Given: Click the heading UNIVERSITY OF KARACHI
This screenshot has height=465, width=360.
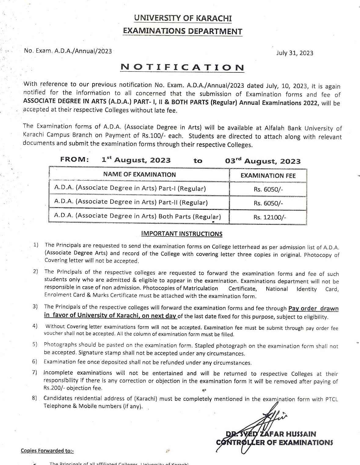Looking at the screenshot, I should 183,18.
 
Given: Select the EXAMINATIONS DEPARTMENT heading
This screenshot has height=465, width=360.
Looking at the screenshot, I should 182,31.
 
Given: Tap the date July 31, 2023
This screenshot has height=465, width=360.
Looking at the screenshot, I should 295,53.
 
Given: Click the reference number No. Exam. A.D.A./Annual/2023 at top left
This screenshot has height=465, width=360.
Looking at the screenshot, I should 68,51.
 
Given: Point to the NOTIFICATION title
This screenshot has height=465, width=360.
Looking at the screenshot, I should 182,68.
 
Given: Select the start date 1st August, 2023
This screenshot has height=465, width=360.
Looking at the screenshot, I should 136,160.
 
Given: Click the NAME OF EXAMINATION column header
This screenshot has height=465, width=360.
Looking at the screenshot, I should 139,174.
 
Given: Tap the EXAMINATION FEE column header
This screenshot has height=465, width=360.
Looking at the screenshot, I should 268,175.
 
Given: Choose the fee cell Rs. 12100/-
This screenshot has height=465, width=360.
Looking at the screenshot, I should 268,218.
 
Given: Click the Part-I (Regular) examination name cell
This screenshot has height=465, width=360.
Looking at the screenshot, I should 130,188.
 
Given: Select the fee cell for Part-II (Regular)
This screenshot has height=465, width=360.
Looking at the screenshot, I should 268,203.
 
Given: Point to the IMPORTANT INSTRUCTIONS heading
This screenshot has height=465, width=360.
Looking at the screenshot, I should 182,234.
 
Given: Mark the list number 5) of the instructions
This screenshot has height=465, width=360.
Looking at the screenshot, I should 35,344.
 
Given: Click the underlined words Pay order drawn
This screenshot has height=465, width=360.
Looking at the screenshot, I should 313,309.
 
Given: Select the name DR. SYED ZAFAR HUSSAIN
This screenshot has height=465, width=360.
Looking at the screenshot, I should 271,434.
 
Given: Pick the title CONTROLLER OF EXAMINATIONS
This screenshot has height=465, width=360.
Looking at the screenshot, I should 274,442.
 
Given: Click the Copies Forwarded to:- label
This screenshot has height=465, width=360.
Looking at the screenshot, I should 47,451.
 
